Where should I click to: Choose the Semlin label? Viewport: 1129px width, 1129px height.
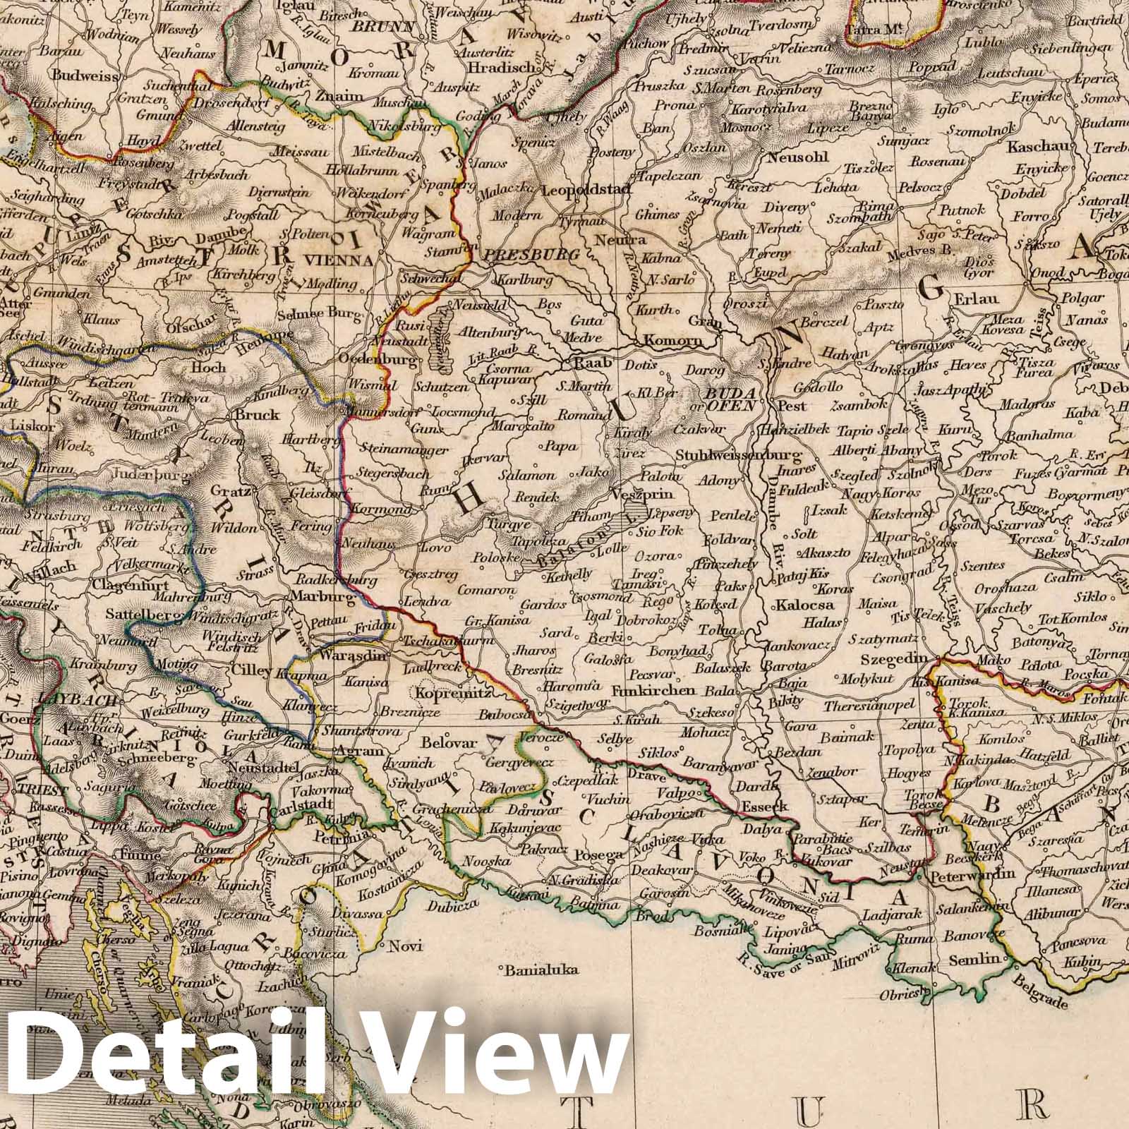tap(974, 959)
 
